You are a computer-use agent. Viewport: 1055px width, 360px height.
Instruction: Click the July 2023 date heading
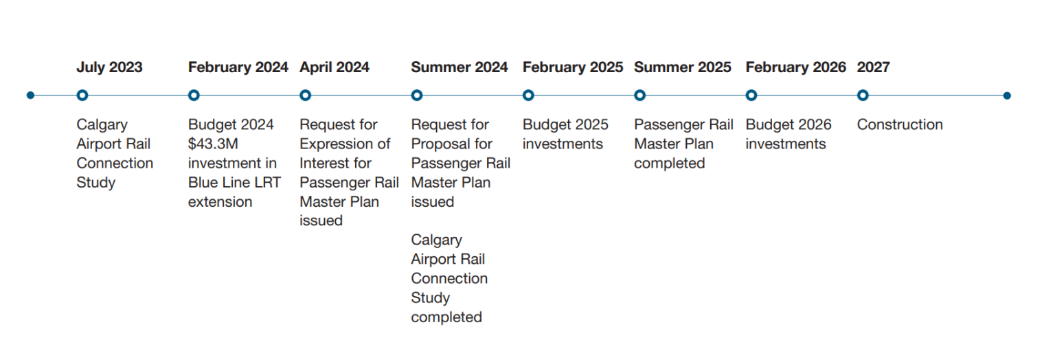[109, 67]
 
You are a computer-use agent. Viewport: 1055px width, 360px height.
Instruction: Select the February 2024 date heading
[238, 67]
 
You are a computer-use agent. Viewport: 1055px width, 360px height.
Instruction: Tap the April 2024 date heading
[334, 67]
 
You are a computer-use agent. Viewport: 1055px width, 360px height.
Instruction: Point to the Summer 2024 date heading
[460, 67]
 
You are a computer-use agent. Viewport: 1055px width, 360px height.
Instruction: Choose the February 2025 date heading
[573, 67]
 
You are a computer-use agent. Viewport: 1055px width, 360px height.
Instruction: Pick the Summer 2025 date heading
[683, 67]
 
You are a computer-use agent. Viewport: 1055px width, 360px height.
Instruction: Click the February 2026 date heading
[796, 67]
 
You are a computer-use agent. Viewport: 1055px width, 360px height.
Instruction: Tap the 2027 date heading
[873, 67]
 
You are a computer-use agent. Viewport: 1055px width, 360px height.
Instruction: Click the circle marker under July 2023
[82, 95]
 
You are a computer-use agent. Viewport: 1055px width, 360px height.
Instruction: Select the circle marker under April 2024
[306, 95]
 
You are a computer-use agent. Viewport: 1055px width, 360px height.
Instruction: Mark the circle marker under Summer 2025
[640, 95]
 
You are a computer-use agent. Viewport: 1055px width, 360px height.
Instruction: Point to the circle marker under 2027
[863, 95]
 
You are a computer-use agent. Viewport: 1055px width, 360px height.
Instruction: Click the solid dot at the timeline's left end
[30, 95]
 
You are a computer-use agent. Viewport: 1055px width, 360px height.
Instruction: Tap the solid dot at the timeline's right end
[1007, 95]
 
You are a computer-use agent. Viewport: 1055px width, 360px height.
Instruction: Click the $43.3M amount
[213, 144]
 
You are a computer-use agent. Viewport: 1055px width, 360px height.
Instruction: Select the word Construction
[900, 124]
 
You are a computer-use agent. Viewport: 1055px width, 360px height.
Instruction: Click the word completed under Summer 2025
[670, 163]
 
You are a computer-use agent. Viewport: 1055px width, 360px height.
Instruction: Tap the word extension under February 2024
[220, 201]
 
